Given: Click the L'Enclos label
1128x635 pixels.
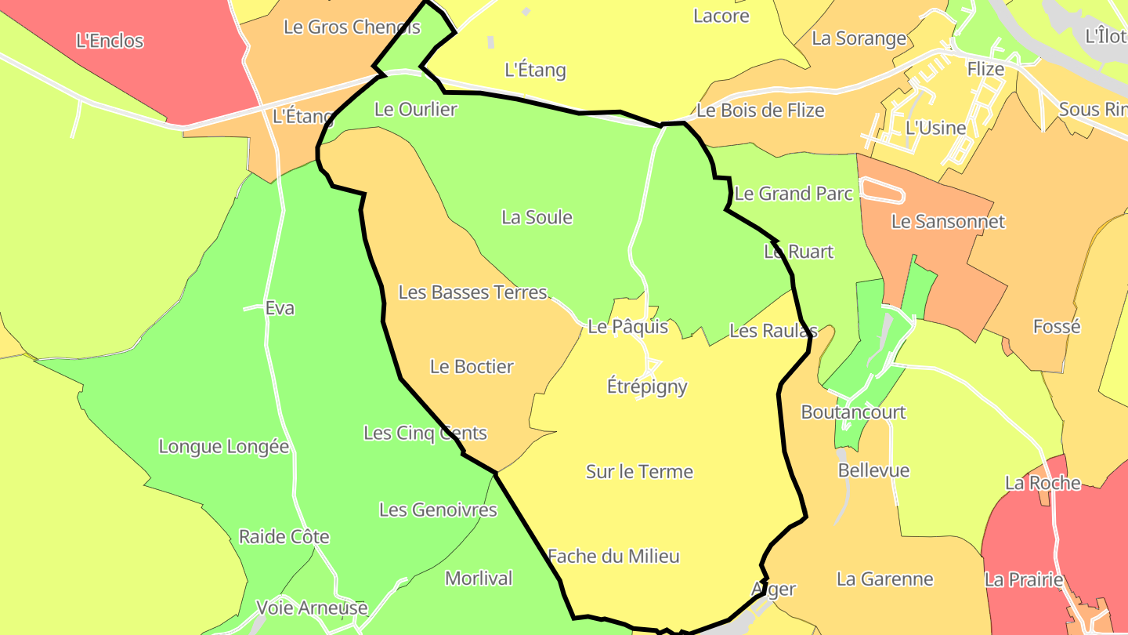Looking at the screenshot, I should coord(110,41).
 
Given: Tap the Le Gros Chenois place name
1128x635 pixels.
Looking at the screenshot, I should coord(352,27).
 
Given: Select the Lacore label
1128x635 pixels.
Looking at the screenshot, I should coord(721,16).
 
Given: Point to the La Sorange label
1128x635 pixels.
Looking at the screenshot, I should coord(859,38).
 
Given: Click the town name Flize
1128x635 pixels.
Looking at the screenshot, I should coord(985,69).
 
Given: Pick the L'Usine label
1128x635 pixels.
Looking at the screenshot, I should coord(935,127).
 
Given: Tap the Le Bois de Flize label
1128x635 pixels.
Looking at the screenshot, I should coord(760,111).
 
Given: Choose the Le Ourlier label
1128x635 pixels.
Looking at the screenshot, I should coord(415,110).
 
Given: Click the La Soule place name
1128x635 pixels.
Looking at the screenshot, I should coord(537,217).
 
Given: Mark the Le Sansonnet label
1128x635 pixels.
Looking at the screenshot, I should coord(948,222).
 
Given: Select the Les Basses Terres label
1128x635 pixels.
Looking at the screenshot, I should coord(472,292).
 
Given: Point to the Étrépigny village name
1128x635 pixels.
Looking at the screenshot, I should coord(647,386).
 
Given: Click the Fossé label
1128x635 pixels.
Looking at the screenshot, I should coord(1057,326).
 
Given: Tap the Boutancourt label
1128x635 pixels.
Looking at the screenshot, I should coord(853,412).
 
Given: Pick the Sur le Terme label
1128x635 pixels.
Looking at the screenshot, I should coord(639,471).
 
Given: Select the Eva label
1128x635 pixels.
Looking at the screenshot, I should coord(280,308).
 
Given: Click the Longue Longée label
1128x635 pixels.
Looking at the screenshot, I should coord(224,447).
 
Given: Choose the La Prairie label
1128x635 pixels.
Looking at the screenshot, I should coord(1024,580).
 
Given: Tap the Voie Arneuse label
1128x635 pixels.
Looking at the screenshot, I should coord(312,608).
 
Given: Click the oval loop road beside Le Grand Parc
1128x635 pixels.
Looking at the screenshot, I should coord(883,190).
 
